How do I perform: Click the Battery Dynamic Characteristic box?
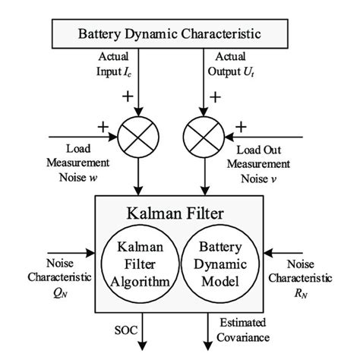point(179,34)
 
